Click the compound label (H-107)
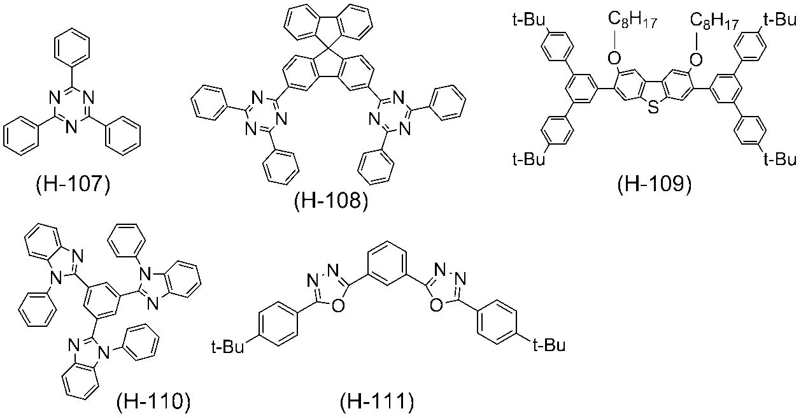pos(73,185)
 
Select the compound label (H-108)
pos(330,201)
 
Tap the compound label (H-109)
pos(655,185)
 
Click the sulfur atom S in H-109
pos(653,107)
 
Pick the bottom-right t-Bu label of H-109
pos(781,159)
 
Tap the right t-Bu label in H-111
pos(549,345)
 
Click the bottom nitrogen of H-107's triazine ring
pos(71,127)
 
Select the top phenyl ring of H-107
pos(71,46)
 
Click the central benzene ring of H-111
pos(387,263)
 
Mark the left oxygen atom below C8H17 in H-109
pos(614,58)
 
